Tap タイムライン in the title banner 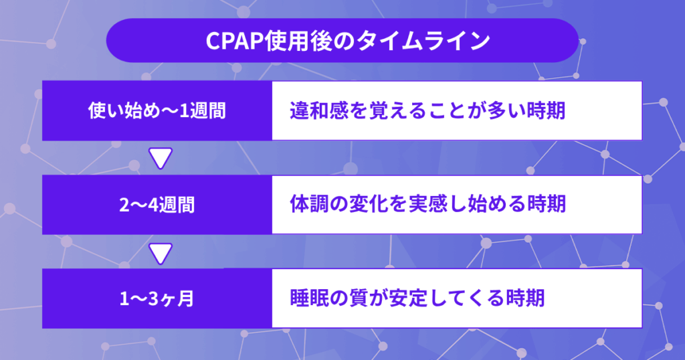click(x=423, y=41)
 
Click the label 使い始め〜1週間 click(x=157, y=110)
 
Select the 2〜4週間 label click(x=157, y=205)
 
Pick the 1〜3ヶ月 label click(x=157, y=299)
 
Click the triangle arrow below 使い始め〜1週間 click(x=161, y=158)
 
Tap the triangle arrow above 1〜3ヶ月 click(x=161, y=254)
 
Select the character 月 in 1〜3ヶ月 click(x=186, y=299)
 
